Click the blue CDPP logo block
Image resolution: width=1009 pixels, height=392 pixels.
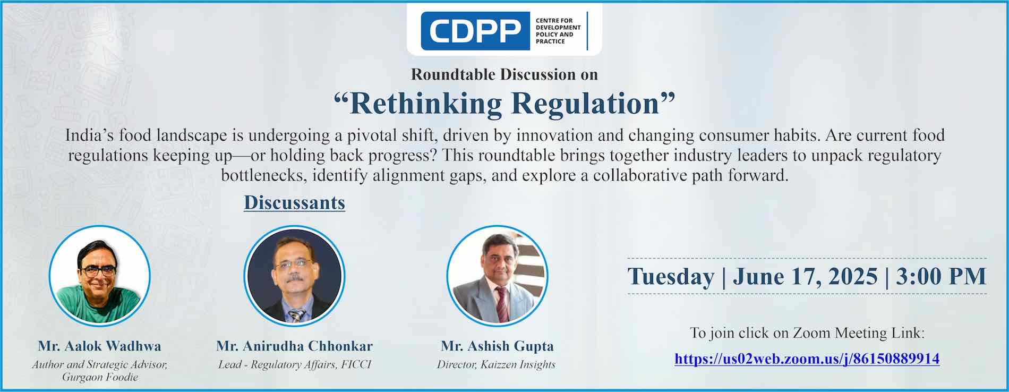[x=475, y=31]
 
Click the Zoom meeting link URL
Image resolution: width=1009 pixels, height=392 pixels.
[x=807, y=359]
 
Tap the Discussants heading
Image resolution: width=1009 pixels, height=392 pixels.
[x=294, y=203]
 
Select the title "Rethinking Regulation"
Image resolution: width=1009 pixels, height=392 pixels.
[x=504, y=103]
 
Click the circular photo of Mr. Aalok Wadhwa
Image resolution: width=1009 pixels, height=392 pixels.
[x=100, y=275]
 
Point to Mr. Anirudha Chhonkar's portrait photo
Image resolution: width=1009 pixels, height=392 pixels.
[x=294, y=275]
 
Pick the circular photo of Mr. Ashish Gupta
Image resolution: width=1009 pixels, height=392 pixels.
[x=497, y=275]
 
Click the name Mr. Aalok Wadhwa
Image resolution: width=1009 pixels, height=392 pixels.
[x=99, y=346]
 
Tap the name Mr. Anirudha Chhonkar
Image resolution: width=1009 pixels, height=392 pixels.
[x=294, y=346]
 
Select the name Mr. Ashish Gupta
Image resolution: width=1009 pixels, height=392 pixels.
[x=497, y=346]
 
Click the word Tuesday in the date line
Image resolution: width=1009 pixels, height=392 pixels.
[x=671, y=277]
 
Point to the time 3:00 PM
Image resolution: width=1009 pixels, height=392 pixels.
[x=940, y=276]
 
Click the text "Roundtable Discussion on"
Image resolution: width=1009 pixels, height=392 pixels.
[x=504, y=74]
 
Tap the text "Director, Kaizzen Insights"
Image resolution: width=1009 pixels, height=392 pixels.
[x=496, y=365]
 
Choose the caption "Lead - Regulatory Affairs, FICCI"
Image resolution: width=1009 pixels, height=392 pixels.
[x=295, y=365]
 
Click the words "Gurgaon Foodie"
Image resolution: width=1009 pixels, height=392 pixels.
[x=100, y=378]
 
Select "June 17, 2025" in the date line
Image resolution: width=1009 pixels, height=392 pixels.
[x=805, y=277]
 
